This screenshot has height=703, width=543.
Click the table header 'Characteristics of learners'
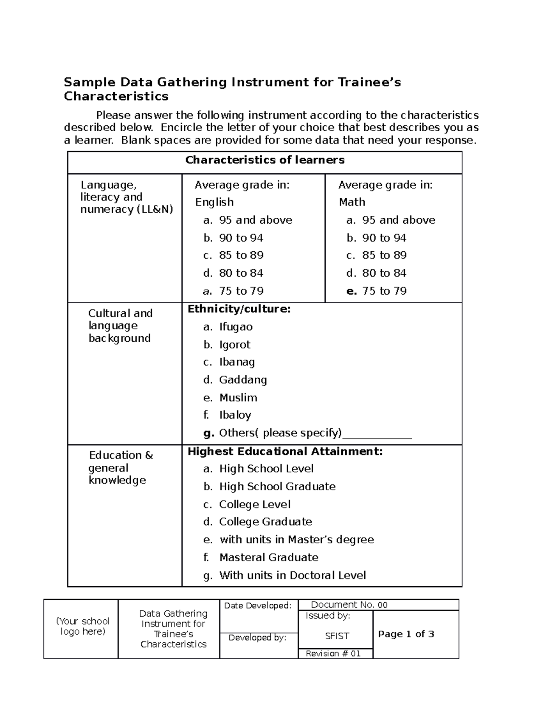(x=265, y=160)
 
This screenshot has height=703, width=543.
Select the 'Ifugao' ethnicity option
(x=235, y=327)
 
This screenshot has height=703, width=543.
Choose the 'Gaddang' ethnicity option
(x=243, y=380)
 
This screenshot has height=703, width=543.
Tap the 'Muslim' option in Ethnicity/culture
(x=238, y=397)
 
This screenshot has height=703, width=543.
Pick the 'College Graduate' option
(x=265, y=522)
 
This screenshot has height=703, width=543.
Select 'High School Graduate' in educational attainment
(x=277, y=487)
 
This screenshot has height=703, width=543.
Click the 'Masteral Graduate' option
(x=268, y=557)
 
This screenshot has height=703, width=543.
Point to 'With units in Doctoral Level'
(x=292, y=575)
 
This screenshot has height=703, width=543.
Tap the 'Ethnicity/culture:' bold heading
(x=239, y=309)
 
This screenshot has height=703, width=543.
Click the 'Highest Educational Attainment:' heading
(x=285, y=451)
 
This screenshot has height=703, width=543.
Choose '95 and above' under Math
(x=398, y=220)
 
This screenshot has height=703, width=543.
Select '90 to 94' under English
(x=241, y=238)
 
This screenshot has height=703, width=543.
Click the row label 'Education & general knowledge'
(x=120, y=468)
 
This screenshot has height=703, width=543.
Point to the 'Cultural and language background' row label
(x=120, y=325)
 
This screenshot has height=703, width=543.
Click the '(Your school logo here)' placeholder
(x=82, y=626)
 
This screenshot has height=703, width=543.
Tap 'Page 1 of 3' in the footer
(x=406, y=634)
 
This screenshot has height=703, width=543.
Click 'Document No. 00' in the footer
(x=349, y=605)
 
